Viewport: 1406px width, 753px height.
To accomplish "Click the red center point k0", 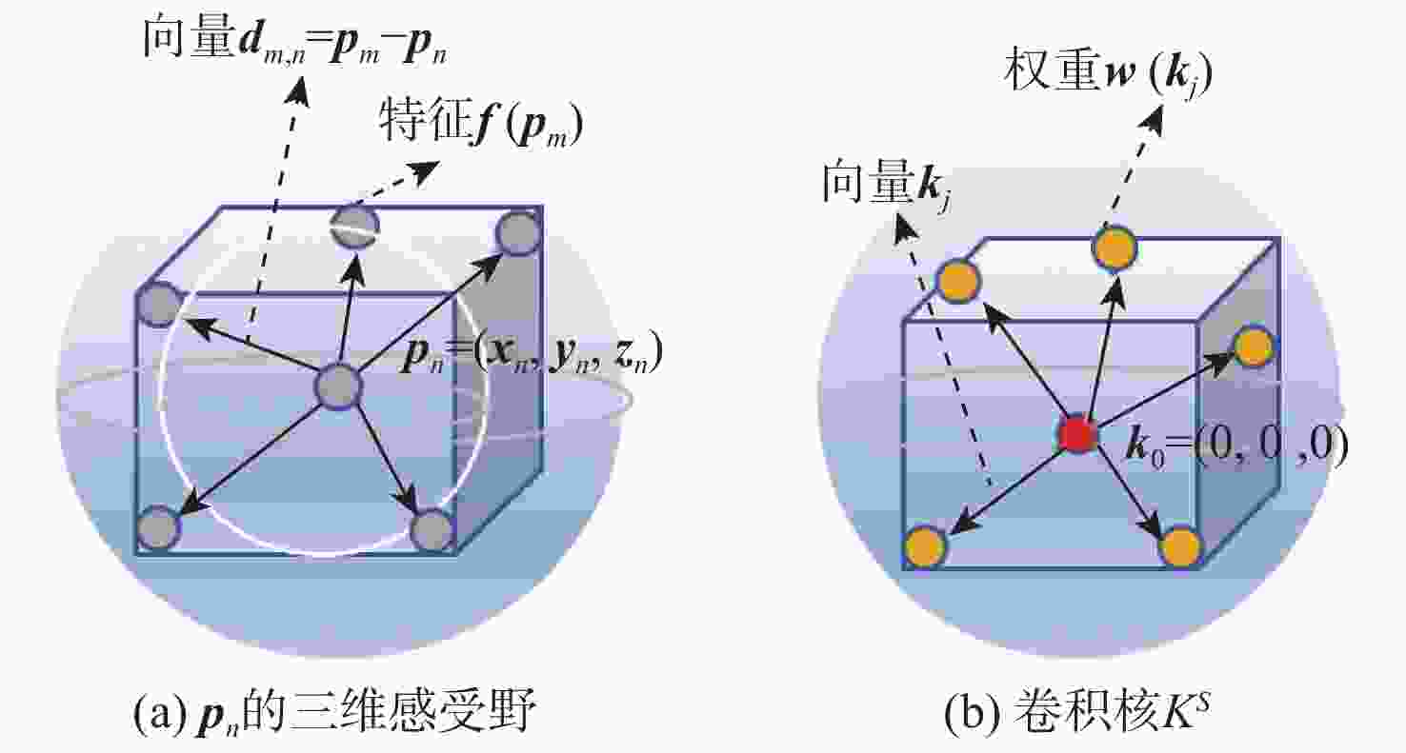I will pos(1077,434).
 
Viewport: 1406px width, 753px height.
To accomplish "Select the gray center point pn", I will pos(338,387).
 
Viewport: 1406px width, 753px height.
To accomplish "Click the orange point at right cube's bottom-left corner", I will pos(925,547).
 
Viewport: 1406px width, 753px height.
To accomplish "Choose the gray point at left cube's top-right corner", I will pos(518,234).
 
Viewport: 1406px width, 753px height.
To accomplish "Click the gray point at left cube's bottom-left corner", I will pos(159,528).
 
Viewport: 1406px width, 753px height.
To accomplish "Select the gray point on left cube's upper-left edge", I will pos(158,306).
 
